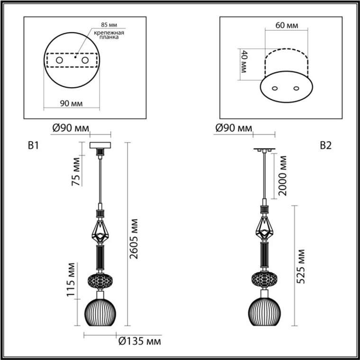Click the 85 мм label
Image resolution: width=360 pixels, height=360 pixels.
(109, 25)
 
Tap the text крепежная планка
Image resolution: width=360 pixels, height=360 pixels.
(109, 35)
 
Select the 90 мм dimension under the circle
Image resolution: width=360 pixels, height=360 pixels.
(71, 104)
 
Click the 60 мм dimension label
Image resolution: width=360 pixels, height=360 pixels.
(287, 26)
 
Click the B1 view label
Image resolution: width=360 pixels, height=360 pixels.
(33, 145)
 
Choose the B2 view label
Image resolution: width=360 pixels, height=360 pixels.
(325, 145)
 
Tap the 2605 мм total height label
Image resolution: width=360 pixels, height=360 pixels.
(134, 239)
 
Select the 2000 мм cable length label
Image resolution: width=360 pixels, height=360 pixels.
(282, 176)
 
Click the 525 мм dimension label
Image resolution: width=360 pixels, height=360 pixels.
(300, 267)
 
